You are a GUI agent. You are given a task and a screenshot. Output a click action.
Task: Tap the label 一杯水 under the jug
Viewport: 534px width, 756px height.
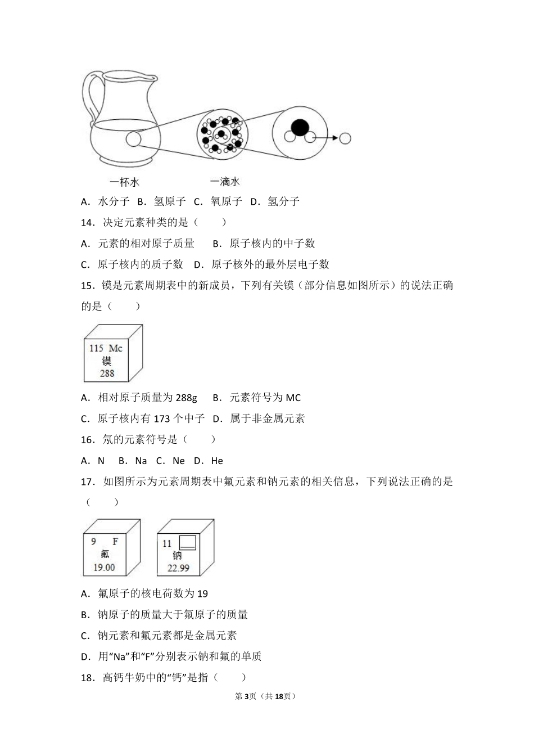click(x=125, y=181)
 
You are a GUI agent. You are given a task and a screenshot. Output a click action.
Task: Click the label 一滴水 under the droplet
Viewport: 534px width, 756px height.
click(x=225, y=181)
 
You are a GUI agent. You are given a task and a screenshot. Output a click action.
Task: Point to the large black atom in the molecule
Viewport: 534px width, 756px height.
click(x=300, y=127)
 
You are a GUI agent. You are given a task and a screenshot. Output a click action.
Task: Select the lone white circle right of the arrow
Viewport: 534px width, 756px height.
click(x=345, y=138)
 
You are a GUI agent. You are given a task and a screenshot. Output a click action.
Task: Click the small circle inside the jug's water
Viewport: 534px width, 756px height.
click(x=133, y=138)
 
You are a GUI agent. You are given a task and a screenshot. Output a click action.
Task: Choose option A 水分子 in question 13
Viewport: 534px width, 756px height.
click(x=106, y=201)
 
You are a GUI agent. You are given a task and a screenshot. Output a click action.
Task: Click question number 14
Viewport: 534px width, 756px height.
click(x=87, y=222)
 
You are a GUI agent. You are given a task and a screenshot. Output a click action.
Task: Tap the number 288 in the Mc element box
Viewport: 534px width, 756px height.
click(x=107, y=373)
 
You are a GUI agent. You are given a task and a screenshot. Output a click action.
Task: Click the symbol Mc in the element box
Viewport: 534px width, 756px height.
click(x=115, y=348)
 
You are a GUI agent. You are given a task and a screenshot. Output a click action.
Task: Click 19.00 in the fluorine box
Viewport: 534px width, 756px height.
click(x=104, y=568)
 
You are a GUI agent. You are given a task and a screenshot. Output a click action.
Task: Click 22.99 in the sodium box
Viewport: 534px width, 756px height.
click(x=178, y=568)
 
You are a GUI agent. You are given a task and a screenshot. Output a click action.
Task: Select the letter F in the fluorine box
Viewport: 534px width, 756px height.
click(x=115, y=542)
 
